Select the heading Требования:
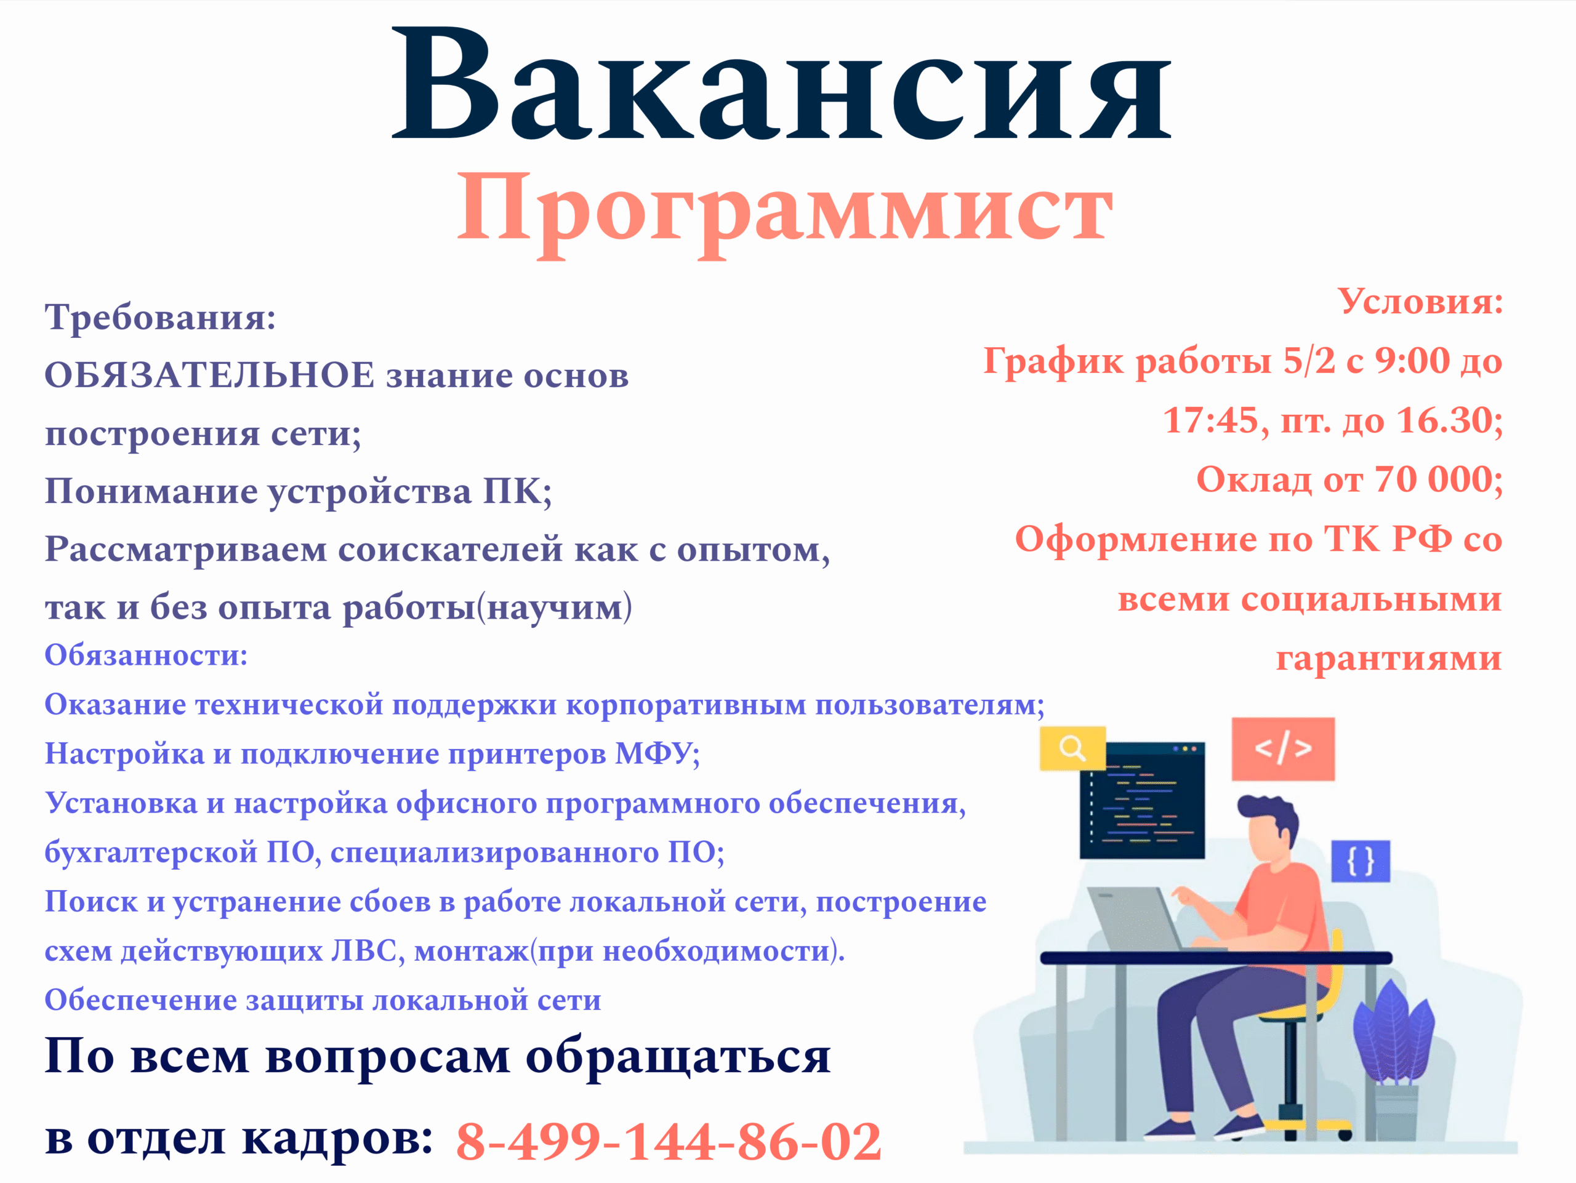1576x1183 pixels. click(x=160, y=316)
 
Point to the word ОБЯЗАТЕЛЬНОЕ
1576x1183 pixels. click(x=209, y=375)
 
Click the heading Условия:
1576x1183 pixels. click(x=1421, y=301)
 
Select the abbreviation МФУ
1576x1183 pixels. click(x=653, y=753)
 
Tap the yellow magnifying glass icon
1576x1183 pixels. click(x=1072, y=748)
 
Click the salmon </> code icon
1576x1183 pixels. click(x=1283, y=748)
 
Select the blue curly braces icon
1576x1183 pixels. click(x=1361, y=861)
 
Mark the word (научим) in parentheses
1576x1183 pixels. click(x=553, y=608)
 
